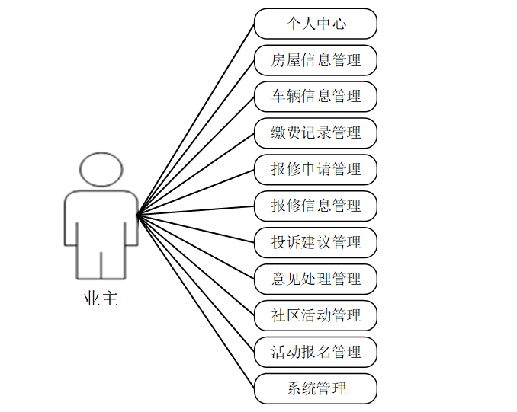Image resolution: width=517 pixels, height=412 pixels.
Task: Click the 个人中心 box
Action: pos(316,24)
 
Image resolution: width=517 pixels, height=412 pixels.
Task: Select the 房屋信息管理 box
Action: pos(316,60)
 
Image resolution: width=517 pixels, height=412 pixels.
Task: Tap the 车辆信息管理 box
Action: pos(316,97)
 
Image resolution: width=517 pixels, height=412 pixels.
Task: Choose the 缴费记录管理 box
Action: pos(316,133)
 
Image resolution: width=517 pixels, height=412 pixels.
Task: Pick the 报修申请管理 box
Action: pos(316,169)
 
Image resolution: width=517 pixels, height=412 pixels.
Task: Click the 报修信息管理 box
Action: pos(316,206)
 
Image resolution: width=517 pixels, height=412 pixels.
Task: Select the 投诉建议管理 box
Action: pos(316,242)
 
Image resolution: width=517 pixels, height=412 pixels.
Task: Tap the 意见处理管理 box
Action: pos(316,279)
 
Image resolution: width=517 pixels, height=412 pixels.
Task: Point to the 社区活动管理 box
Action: pos(316,315)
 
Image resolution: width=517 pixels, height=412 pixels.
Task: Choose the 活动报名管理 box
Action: pos(316,352)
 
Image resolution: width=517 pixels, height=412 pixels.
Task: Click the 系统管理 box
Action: pos(316,388)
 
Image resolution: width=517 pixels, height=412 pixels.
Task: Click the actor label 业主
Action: pos(101,299)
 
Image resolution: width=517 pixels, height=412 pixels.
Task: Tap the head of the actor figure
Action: pos(101,170)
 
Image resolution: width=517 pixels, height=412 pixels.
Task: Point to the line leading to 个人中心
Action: pos(196,119)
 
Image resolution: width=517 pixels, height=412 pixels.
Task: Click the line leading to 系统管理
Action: pos(196,302)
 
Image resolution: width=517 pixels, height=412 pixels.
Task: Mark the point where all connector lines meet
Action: pos(138,216)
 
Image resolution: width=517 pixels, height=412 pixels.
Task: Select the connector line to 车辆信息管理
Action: pos(196,156)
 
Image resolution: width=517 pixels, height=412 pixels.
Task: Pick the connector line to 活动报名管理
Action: pos(196,283)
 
